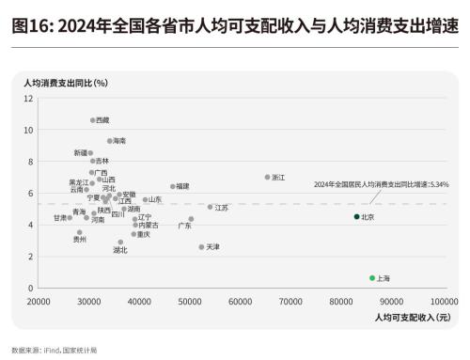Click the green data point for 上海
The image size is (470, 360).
(x=372, y=278)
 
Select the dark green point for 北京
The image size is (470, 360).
(x=356, y=216)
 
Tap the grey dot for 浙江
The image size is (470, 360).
(x=267, y=177)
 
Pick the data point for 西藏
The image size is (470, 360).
(x=93, y=120)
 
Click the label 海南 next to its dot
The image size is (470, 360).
(x=119, y=141)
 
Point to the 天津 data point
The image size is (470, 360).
(x=201, y=247)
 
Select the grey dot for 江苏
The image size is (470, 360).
(x=211, y=207)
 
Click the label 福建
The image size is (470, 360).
(x=182, y=187)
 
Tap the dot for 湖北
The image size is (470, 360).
(x=120, y=242)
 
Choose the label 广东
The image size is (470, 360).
(x=184, y=226)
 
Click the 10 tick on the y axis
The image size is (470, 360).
(x=28, y=130)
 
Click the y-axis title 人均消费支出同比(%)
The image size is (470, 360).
(x=65, y=85)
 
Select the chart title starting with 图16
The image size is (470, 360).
(x=235, y=26)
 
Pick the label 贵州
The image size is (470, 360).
(x=80, y=240)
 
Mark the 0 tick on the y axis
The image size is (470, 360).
(x=30, y=289)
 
